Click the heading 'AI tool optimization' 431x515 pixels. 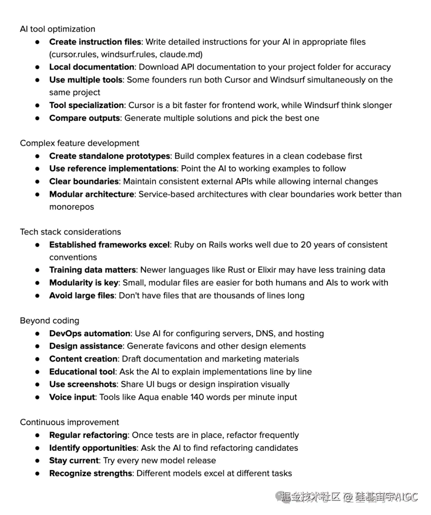57,29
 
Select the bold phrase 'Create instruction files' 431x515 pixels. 95,42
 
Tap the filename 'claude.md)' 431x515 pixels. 186,55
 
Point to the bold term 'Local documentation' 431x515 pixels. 92,67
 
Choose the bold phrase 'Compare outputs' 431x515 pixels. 85,118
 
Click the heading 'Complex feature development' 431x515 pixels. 79,143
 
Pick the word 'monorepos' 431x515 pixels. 71,207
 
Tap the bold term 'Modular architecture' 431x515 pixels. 92,194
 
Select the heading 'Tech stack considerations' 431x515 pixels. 70,232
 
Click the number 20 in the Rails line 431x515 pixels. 306,245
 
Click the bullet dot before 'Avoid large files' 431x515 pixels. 38,296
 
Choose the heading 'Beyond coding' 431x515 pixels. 49,321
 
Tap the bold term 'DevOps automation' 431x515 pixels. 90,333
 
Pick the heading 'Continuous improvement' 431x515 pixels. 69,422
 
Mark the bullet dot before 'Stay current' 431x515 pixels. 38,461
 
